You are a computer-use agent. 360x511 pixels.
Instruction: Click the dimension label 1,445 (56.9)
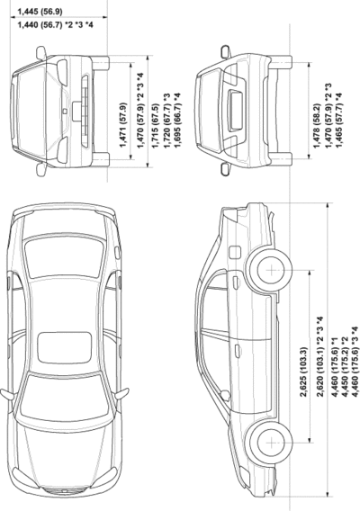pyautogui.click(x=40, y=12)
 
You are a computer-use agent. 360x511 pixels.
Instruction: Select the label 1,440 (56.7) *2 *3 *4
pyautogui.click(x=55, y=24)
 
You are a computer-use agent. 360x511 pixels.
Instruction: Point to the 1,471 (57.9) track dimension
pyautogui.click(x=123, y=125)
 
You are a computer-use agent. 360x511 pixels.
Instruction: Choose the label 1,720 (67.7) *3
pyautogui.click(x=166, y=121)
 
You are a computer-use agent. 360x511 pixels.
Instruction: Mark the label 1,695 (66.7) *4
pyautogui.click(x=177, y=121)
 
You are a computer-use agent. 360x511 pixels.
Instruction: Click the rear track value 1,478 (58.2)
pyautogui.click(x=317, y=125)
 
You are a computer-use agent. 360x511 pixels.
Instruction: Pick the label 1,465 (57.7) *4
pyautogui.click(x=339, y=120)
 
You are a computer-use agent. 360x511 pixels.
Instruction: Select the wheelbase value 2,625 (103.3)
pyautogui.click(x=303, y=372)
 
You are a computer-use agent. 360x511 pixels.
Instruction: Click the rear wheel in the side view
pyautogui.click(x=270, y=270)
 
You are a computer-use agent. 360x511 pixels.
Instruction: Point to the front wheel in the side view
pyautogui.click(x=270, y=443)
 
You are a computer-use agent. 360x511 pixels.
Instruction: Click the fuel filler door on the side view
pyautogui.click(x=235, y=252)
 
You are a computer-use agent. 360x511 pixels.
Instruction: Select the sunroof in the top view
pyautogui.click(x=64, y=348)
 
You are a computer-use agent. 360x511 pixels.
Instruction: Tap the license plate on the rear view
pyautogui.click(x=235, y=111)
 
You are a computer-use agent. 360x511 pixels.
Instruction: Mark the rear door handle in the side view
pyautogui.click(x=236, y=282)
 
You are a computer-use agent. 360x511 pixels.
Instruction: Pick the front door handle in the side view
pyautogui.click(x=237, y=350)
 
